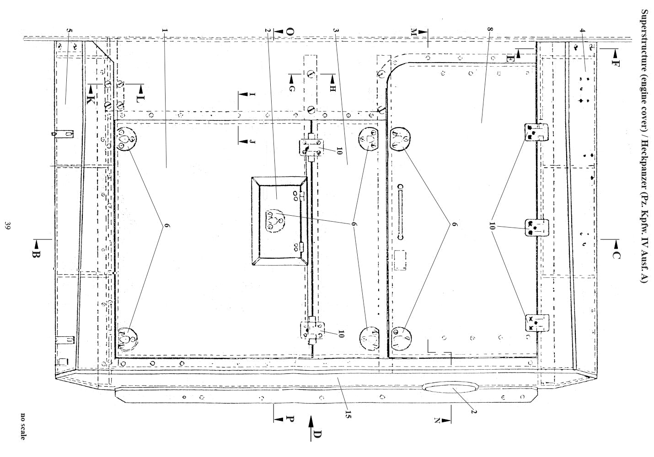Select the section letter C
(x=616, y=255)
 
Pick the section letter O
(x=290, y=32)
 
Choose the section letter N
(x=437, y=420)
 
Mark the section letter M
(x=413, y=32)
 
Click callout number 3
(x=336, y=30)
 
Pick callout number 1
(x=165, y=30)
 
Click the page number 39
(x=8, y=226)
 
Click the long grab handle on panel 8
(x=400, y=212)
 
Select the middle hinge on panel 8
(x=536, y=228)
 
